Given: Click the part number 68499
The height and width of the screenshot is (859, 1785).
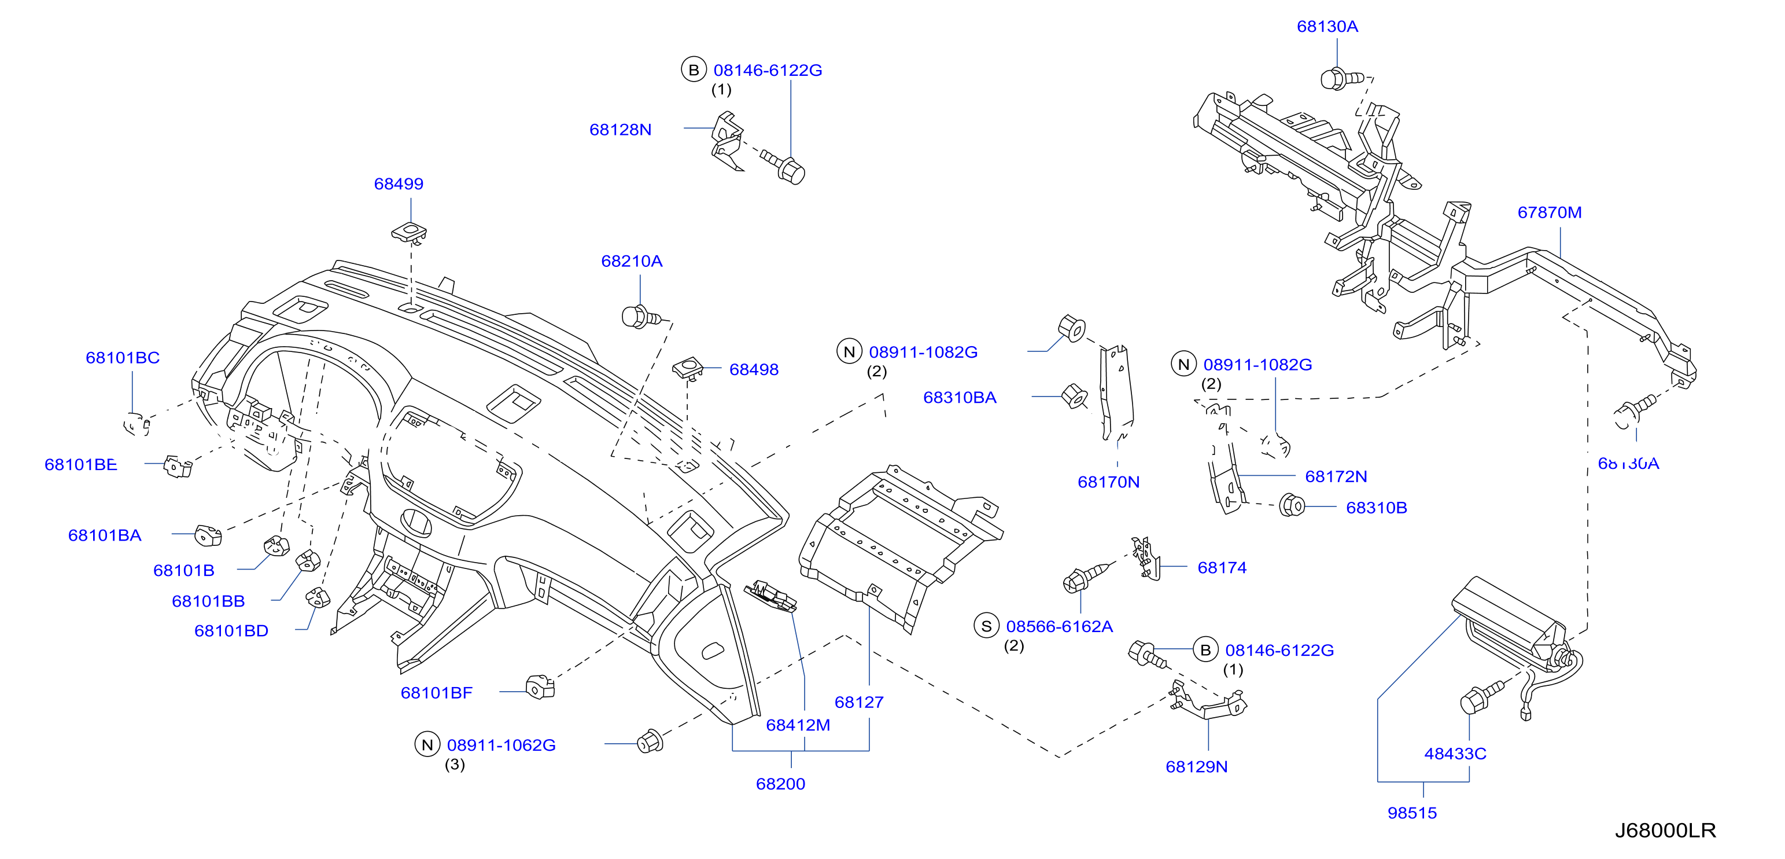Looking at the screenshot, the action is (x=399, y=183).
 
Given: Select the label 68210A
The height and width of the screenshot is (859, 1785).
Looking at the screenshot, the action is (x=631, y=262).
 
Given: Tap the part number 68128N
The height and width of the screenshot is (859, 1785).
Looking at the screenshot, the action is (x=620, y=130).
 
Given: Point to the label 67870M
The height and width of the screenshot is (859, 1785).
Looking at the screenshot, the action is (x=1550, y=212).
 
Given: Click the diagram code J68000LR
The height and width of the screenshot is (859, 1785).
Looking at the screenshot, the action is (x=1665, y=830).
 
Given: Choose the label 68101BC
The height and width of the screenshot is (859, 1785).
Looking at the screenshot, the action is (x=123, y=358).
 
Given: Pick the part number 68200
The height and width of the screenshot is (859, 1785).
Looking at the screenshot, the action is (x=780, y=784).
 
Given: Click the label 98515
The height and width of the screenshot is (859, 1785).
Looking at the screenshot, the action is (x=1412, y=813).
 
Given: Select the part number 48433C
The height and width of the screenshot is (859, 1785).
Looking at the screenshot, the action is (x=1455, y=754).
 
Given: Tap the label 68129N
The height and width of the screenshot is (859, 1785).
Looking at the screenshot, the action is (x=1197, y=767).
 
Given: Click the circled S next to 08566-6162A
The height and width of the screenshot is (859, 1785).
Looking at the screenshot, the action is (x=986, y=626).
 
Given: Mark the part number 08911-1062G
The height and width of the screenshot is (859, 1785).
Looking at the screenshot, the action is (x=501, y=746).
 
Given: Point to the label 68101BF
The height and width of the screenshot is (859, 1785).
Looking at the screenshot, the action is (x=437, y=693).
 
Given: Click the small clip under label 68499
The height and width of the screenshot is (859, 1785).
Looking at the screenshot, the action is (x=409, y=232).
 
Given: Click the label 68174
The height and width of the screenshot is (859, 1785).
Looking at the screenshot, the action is (x=1222, y=568).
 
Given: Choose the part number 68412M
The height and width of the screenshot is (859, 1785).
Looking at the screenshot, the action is (x=798, y=725).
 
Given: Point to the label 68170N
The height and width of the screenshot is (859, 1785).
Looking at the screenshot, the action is (x=1108, y=482).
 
